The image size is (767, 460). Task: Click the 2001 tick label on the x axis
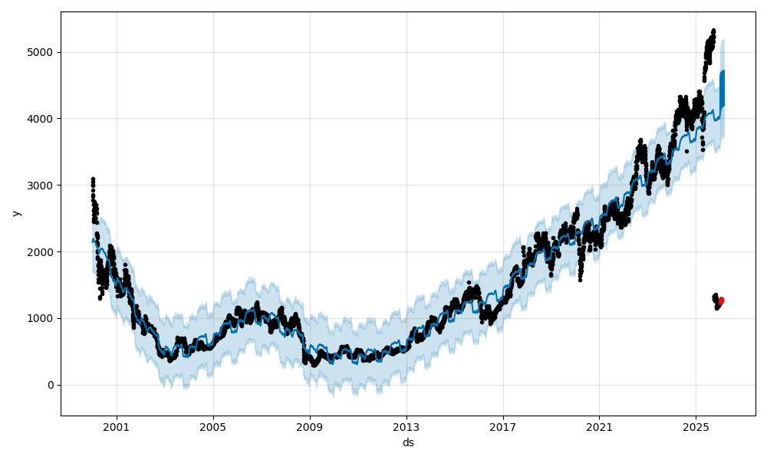click(117, 426)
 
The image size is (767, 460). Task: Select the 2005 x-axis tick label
click(213, 426)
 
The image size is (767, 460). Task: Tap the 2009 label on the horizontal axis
click(310, 426)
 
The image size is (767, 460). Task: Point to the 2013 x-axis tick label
click(407, 426)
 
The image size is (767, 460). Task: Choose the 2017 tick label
click(503, 426)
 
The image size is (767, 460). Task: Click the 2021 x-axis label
click(599, 426)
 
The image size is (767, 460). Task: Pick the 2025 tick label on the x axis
click(696, 426)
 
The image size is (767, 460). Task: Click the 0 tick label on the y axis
click(51, 385)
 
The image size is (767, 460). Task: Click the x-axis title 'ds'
click(408, 442)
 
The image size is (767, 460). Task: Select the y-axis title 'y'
click(15, 213)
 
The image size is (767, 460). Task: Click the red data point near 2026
click(721, 301)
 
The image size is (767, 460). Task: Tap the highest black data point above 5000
click(713, 31)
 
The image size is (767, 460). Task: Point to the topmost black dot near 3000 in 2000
click(93, 179)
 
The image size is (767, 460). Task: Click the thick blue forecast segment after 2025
click(721, 88)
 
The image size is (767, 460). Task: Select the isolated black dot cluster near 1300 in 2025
click(716, 300)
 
